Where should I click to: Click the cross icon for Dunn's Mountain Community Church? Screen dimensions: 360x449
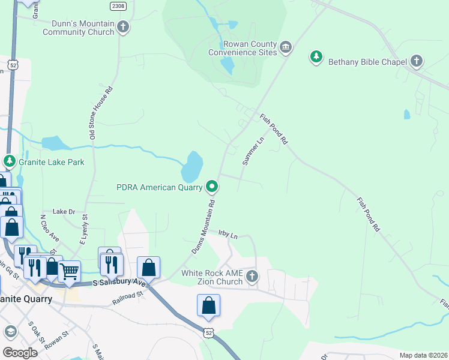[123, 26]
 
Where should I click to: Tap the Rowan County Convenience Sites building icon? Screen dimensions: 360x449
[286, 47]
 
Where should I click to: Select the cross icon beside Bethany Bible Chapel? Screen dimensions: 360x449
[417, 61]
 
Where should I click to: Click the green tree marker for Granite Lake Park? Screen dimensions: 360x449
[9, 161]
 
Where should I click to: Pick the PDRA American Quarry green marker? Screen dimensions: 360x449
[212, 187]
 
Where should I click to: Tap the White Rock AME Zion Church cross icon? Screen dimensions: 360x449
[252, 277]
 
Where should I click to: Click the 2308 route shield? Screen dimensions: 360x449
[119, 5]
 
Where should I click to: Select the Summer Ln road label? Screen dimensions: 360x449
[253, 151]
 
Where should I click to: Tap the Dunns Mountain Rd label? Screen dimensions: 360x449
[203, 227]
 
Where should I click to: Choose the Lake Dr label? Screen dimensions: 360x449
[64, 212]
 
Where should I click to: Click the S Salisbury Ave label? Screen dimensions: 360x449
[119, 283]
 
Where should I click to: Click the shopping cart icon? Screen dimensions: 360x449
[70, 271]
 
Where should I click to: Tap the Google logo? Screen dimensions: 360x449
[20, 353]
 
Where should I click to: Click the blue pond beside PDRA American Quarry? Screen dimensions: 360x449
[191, 167]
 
